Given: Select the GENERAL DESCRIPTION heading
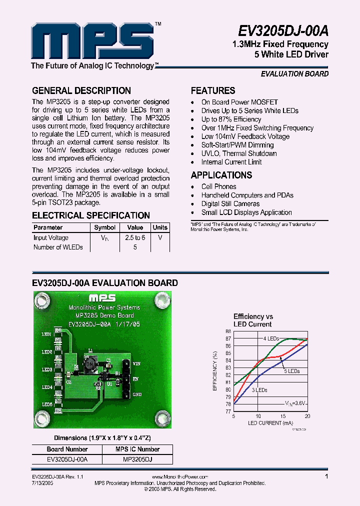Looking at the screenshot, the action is pos(81,90).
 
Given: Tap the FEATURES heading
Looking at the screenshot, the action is pos(213,90).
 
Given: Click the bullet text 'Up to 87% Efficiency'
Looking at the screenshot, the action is pos(231,119).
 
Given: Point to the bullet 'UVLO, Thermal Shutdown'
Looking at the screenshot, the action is pos(239,153).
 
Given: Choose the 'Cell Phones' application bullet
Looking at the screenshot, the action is pos(218,186).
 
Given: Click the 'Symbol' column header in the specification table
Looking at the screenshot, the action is pos(105,227).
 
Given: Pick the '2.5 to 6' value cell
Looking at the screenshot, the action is pos(135,237).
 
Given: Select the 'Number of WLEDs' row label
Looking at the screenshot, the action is pos(58,247).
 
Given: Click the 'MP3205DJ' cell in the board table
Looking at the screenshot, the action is pos(137,459).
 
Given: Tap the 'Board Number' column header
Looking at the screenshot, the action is pos(67,449).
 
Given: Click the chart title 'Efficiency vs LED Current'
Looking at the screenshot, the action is pos(253,320).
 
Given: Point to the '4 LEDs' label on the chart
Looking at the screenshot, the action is pos(271,338).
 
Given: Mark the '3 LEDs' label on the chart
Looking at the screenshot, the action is pos(259,390).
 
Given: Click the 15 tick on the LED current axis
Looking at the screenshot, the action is pos(283,416).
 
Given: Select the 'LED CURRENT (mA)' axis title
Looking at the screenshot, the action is pos(270,423).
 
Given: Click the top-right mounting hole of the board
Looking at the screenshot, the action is pos(160,300).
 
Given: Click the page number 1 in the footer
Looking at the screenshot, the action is pos(326,476).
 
